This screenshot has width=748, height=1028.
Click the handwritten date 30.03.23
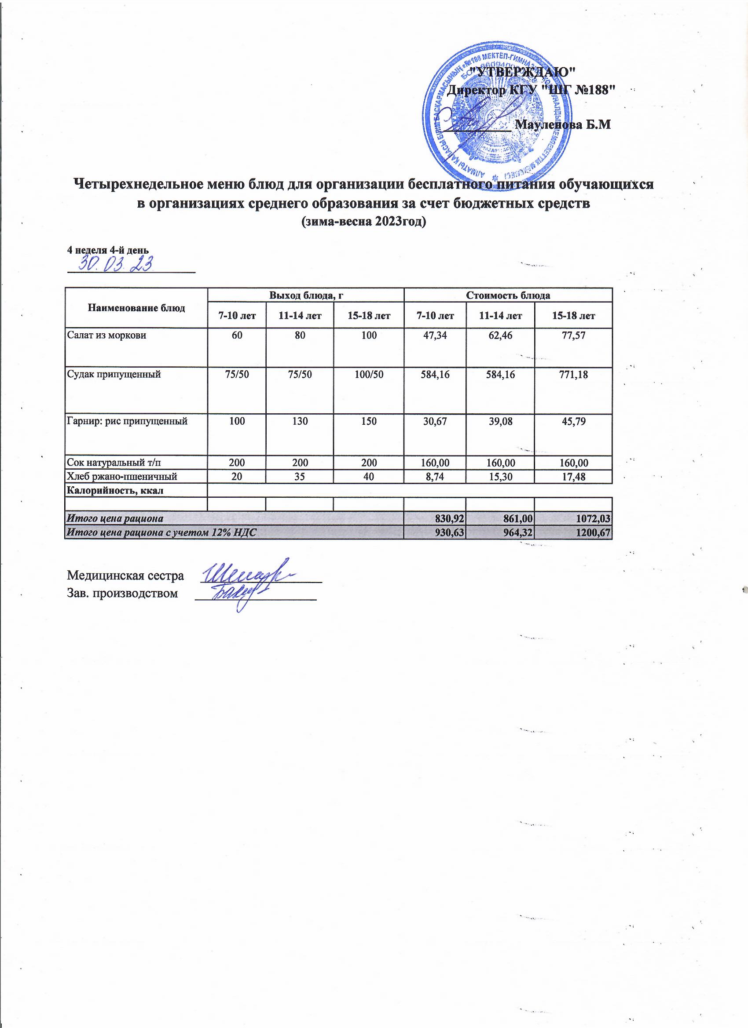click(x=116, y=264)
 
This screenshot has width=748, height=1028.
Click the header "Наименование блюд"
click(x=136, y=308)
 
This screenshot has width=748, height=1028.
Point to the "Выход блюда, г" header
click(x=305, y=295)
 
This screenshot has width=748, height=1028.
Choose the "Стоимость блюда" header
click(x=508, y=295)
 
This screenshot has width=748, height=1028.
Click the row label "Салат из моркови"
click(x=106, y=336)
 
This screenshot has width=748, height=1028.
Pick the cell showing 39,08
click(x=500, y=421)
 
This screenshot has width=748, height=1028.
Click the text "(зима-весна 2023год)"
click(x=364, y=222)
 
